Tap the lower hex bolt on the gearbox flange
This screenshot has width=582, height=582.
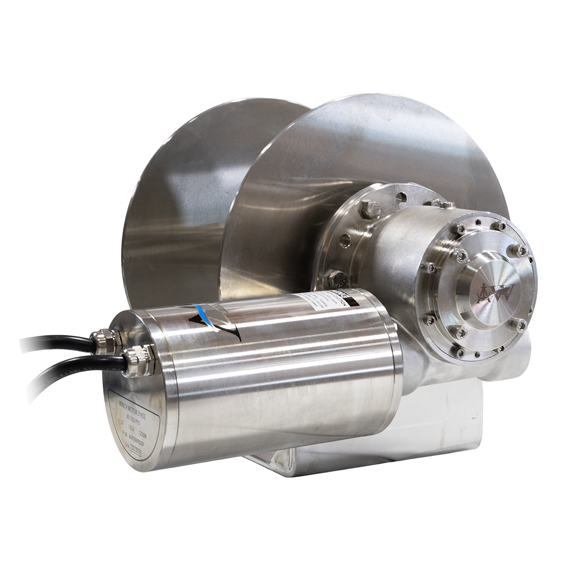point(339,278)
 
